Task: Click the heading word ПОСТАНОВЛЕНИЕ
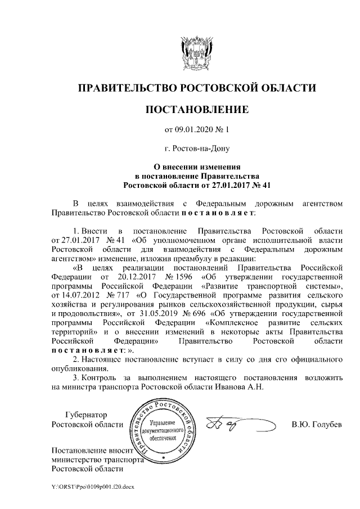[x=197, y=109]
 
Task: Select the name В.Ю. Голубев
[x=317, y=424]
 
